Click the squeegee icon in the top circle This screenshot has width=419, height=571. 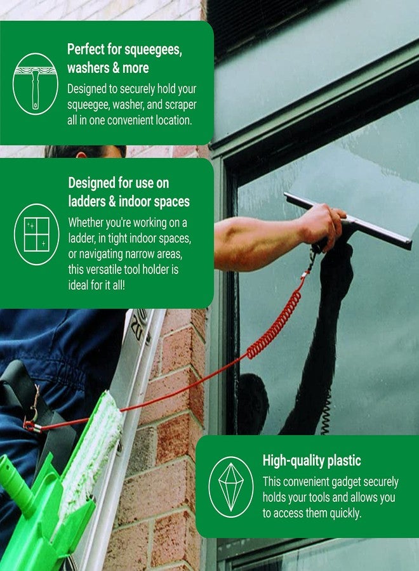pyautogui.click(x=36, y=84)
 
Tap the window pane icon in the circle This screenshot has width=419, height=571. pyautogui.click(x=36, y=234)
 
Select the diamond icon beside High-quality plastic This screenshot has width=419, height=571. pyautogui.click(x=231, y=486)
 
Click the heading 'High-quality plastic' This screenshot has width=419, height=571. pyautogui.click(x=312, y=461)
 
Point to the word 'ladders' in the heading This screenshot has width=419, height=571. pyautogui.click(x=89, y=202)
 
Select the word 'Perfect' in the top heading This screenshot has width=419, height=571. pyautogui.click(x=86, y=50)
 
